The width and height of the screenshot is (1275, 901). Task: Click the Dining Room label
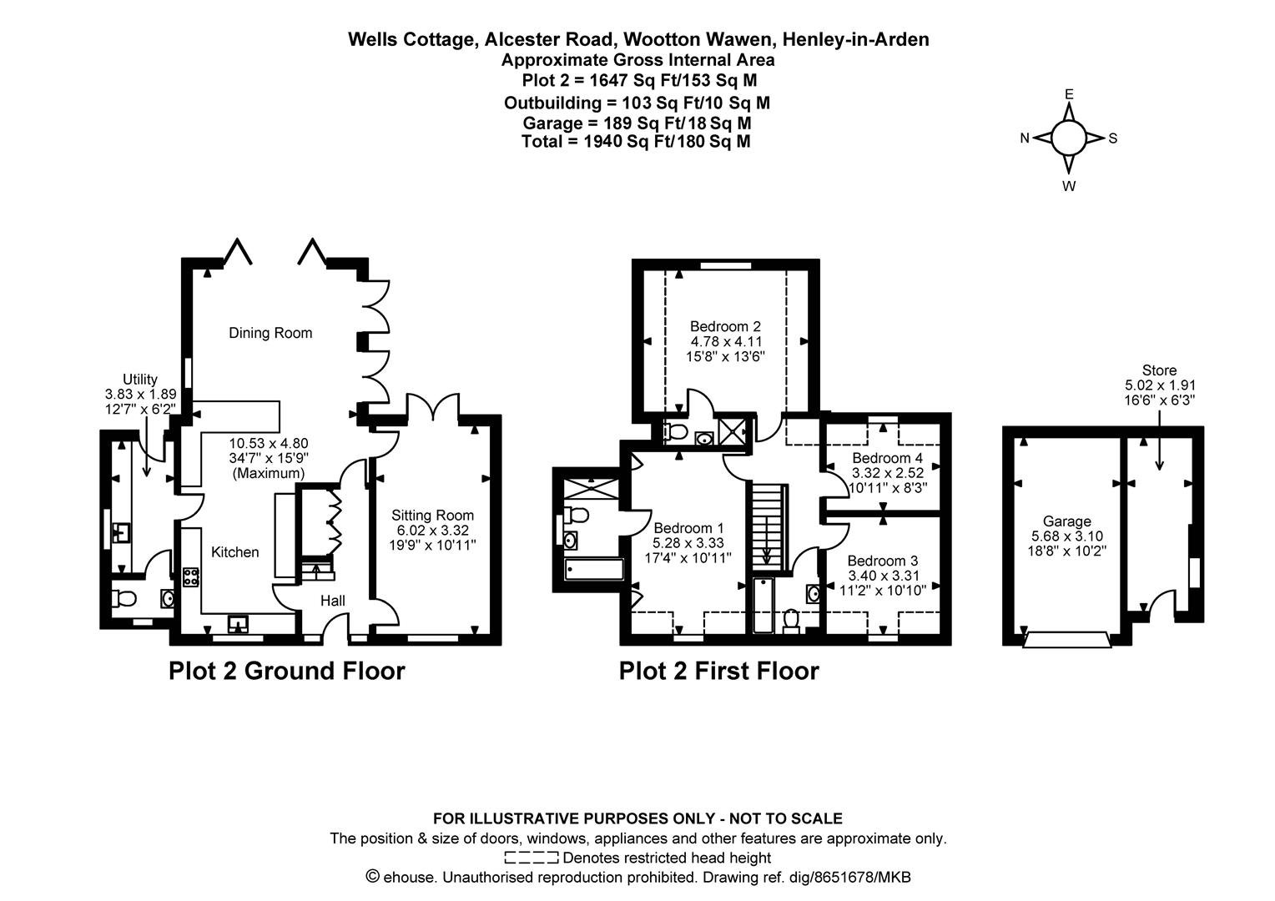pos(270,333)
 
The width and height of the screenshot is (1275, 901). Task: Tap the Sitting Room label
pos(432,516)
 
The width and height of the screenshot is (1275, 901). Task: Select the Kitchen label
pos(234,552)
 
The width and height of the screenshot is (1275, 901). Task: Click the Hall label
pos(333,601)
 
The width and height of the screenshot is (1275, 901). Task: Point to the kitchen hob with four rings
pos(191,577)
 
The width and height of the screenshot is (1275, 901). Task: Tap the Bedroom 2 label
pos(725,326)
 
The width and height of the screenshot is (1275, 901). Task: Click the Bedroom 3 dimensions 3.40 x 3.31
pos(883,576)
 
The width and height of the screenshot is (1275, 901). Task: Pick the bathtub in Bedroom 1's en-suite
pos(594,570)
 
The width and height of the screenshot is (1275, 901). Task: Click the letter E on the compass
pos(1069,94)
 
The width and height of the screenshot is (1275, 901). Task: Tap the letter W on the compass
pos(1069,186)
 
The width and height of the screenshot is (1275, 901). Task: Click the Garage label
pos(1066,521)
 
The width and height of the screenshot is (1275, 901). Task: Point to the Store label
pos(1159,370)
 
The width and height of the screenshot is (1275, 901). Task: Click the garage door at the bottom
pos(1067,639)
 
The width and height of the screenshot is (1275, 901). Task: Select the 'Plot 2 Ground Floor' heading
pos(286,671)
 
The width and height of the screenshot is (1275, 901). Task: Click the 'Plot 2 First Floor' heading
pos(718,671)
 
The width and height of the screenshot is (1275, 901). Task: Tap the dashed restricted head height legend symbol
pos(531,858)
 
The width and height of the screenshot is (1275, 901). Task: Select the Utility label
pos(139,380)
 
